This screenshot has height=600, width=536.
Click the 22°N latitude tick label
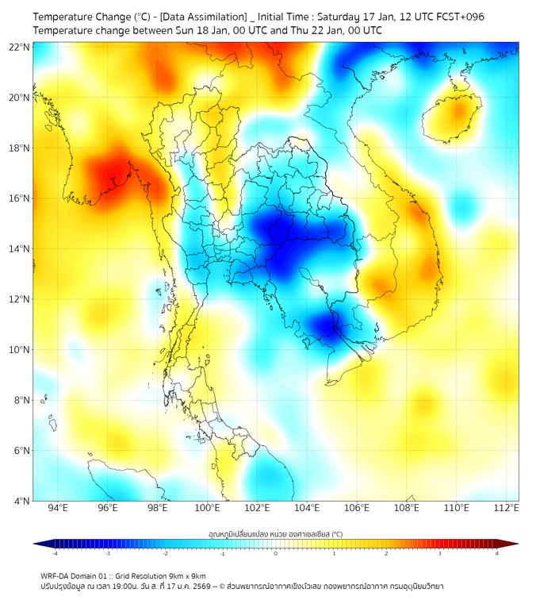20,47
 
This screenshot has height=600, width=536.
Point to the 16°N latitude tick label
20,198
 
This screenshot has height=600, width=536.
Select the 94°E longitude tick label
58,509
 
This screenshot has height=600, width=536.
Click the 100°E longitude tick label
208,509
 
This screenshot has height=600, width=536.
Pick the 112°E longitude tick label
507,509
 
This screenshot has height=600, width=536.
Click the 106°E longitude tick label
358,509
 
